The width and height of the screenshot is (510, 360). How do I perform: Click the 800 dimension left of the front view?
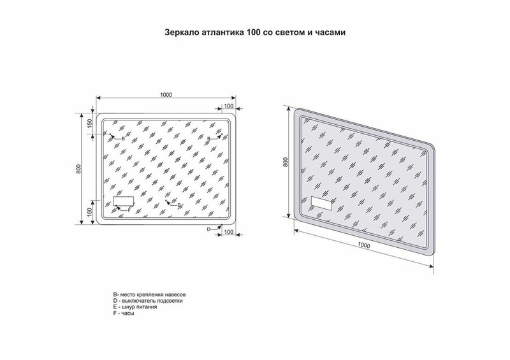[x=78, y=169]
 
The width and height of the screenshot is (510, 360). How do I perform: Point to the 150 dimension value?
[x=90, y=124]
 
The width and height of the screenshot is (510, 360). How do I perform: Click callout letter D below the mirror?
[x=208, y=228]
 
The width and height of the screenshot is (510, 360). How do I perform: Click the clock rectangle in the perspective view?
[x=323, y=205]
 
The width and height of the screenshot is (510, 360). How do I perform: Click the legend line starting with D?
[x=147, y=301]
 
